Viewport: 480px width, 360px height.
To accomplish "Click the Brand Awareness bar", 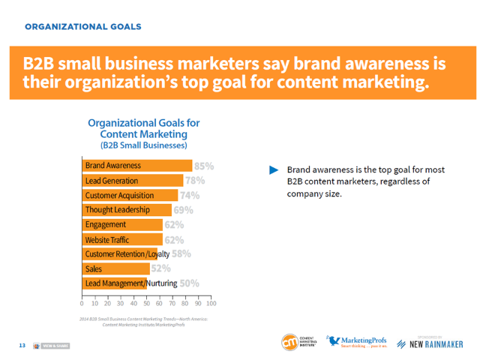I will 136,166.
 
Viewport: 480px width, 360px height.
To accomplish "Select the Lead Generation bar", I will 132,181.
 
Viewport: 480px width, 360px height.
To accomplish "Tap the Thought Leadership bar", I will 126,210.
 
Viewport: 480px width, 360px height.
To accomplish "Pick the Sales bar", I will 115,268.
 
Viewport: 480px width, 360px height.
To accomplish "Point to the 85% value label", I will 205,166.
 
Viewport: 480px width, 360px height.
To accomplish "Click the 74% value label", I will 190,196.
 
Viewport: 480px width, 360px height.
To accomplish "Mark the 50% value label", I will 189,283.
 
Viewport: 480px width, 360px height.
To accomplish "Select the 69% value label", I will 184,210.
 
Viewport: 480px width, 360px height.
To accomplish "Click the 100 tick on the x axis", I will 211,304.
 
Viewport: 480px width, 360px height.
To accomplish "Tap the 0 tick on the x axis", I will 82,304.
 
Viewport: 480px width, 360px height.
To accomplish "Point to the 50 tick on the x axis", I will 146,304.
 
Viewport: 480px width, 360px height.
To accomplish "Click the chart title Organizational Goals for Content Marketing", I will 143,127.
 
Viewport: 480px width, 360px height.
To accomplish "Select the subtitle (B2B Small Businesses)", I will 143,145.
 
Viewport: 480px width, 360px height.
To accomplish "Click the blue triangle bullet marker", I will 274,169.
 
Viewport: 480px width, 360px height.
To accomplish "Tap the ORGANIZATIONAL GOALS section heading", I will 82,27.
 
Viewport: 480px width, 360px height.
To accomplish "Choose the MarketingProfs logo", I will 357,342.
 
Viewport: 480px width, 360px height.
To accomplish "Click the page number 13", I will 22,345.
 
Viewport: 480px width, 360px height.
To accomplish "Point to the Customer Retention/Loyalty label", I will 127,254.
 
